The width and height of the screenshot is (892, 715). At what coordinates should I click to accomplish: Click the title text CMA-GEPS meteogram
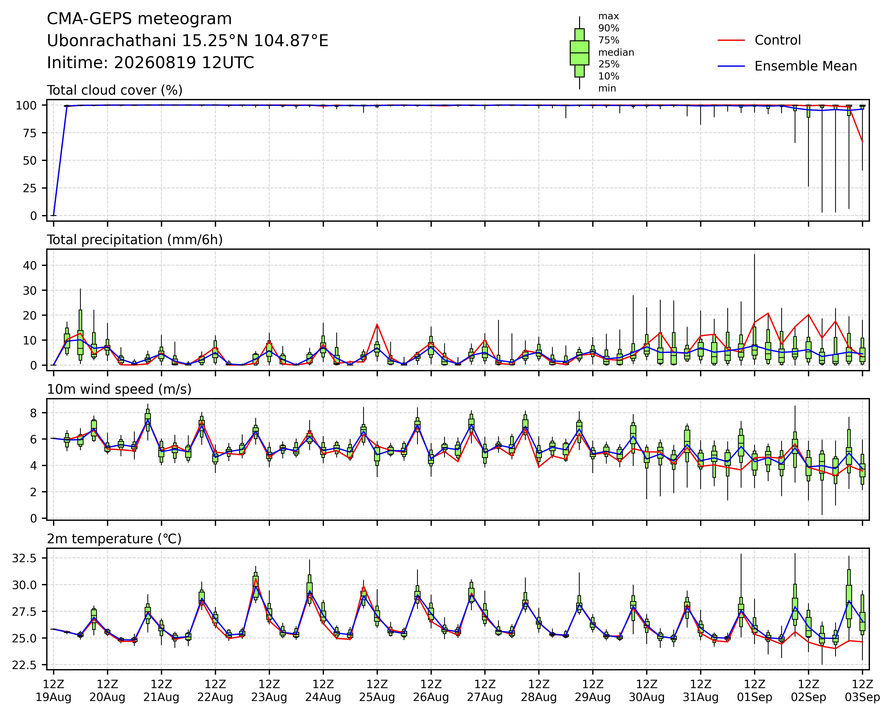(x=139, y=19)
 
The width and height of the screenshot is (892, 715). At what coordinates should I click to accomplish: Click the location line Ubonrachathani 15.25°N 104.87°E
(x=188, y=41)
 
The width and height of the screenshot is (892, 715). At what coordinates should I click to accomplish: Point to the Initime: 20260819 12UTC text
(x=151, y=63)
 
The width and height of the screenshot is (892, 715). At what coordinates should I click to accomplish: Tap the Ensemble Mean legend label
(x=806, y=66)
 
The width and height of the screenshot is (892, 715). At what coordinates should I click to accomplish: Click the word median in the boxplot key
(x=616, y=53)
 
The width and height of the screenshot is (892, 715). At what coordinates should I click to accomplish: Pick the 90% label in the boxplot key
(x=609, y=28)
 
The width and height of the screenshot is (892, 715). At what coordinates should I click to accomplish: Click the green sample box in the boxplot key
(x=579, y=53)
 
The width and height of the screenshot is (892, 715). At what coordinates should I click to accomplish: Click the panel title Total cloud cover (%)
(x=115, y=90)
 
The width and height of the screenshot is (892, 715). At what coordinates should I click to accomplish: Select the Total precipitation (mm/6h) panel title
(x=135, y=240)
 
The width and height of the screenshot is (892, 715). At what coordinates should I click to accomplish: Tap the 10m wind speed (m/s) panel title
(x=119, y=389)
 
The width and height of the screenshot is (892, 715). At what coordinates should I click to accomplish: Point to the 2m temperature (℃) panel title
(x=114, y=539)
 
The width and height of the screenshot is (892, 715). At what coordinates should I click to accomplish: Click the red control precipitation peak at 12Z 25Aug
(x=377, y=324)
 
